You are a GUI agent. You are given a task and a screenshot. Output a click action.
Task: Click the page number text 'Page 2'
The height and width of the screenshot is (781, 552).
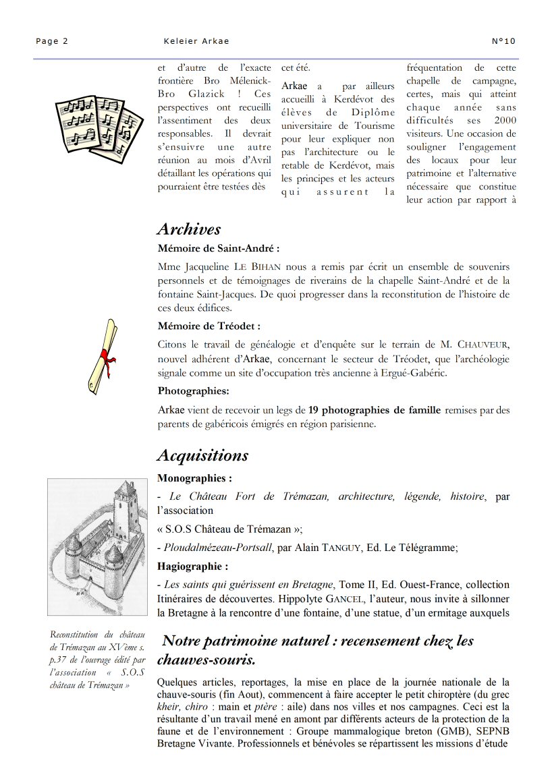click(52, 41)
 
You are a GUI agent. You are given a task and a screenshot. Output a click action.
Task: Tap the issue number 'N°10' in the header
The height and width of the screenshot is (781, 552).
click(504, 41)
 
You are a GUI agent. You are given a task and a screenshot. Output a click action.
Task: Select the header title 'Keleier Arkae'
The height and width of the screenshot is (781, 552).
click(196, 41)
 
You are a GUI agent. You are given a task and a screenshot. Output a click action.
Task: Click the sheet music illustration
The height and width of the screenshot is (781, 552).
click(99, 123)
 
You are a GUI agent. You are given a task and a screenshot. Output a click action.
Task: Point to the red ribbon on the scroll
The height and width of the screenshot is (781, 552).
click(106, 355)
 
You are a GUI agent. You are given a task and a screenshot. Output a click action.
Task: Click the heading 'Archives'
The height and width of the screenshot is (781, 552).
click(189, 229)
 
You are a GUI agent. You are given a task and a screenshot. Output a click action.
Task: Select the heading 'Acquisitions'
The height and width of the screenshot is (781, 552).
click(202, 455)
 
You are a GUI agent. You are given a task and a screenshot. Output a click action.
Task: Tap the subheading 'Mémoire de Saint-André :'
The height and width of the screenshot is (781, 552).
click(218, 248)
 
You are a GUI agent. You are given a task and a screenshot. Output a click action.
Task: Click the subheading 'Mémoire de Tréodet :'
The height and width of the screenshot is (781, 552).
click(209, 326)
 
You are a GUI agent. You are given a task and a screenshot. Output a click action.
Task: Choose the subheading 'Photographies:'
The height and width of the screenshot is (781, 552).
click(194, 390)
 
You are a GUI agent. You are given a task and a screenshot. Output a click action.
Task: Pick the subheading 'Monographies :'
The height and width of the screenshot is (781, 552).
click(194, 478)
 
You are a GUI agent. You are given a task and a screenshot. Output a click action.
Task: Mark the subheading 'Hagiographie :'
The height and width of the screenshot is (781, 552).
click(193, 566)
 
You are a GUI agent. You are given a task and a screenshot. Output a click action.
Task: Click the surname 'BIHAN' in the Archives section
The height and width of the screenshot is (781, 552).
click(263, 267)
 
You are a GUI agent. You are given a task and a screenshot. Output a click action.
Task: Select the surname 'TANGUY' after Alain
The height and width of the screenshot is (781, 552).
click(339, 548)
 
